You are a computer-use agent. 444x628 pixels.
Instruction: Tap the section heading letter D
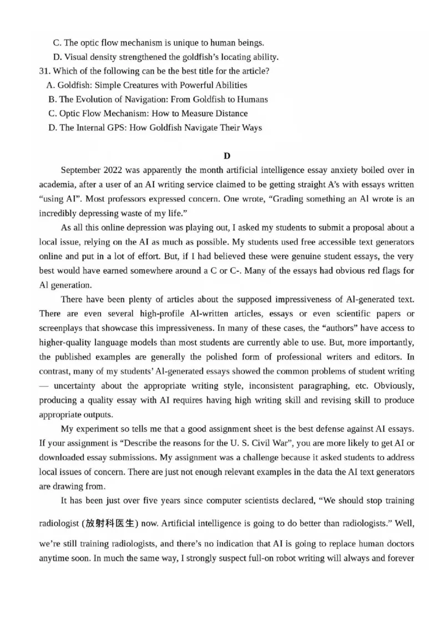pos(226,156)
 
